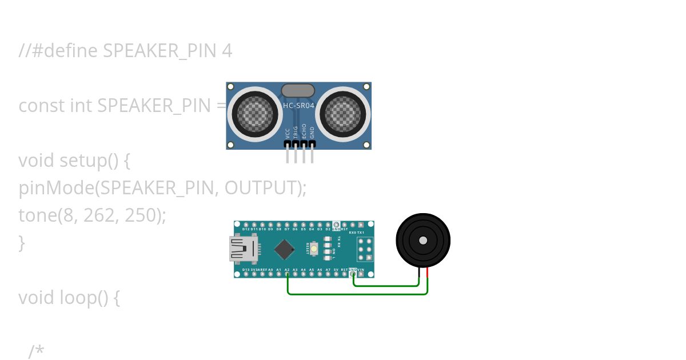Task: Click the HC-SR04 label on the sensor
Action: (298, 105)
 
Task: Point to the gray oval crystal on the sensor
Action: (298, 90)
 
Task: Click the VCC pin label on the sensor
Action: (288, 134)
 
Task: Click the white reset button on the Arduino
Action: (314, 249)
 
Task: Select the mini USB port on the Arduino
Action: (243, 249)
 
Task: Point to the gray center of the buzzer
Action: (423, 241)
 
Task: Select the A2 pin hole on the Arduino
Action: (287, 274)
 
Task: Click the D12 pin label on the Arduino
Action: (246, 229)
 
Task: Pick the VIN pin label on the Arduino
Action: (361, 269)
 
